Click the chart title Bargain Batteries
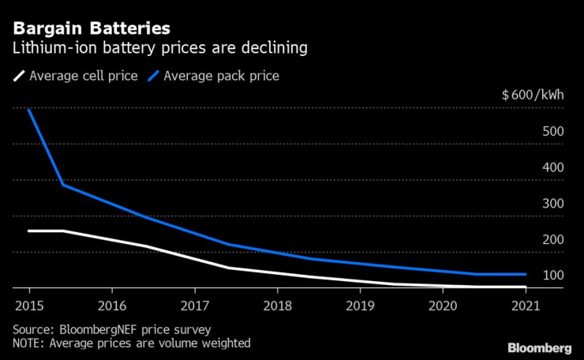click(x=91, y=29)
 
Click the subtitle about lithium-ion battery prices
click(x=160, y=49)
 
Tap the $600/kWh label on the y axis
click(x=533, y=96)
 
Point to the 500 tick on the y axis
click(x=552, y=131)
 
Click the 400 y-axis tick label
click(x=552, y=167)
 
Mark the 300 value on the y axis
click(x=552, y=203)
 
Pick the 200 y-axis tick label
click(x=552, y=239)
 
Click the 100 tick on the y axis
click(x=552, y=276)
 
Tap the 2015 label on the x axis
click(x=28, y=305)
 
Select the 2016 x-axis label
click(x=111, y=305)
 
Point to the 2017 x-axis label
click(x=194, y=305)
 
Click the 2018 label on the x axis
click(x=277, y=305)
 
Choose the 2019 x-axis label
click(x=360, y=305)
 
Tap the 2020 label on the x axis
click(x=443, y=305)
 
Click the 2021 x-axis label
click(x=526, y=305)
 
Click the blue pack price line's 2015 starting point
click(x=28, y=109)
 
